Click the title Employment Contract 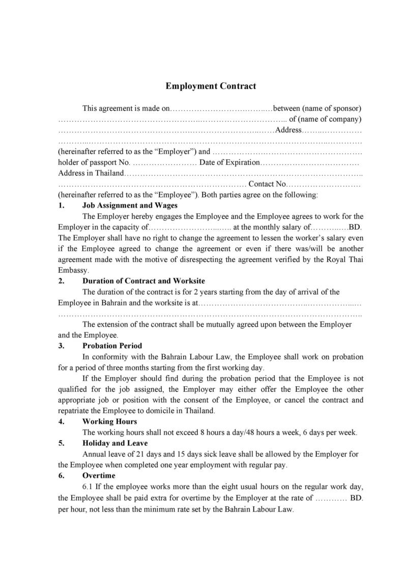(x=211, y=86)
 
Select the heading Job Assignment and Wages (x=130, y=206)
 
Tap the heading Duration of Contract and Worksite (x=143, y=281)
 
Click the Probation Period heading (x=109, y=346)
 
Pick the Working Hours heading (x=109, y=421)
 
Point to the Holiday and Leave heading (x=114, y=443)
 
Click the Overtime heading (x=99, y=475)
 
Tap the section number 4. (x=61, y=421)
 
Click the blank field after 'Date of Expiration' (x=310, y=163)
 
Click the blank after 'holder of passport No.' (x=164, y=163)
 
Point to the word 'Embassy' (x=73, y=270)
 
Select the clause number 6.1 (x=88, y=486)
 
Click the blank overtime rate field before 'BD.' (x=331, y=497)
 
